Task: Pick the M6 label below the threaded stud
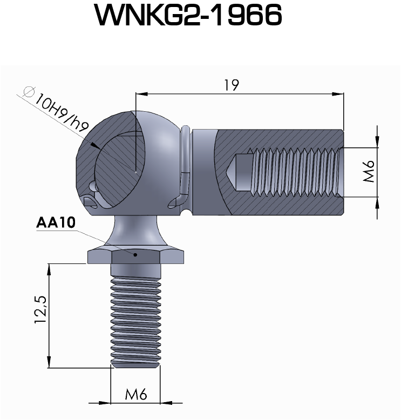coord(136,395)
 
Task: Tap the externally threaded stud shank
coord(135,319)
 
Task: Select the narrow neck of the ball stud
coord(135,229)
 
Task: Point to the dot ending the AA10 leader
coord(135,255)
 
